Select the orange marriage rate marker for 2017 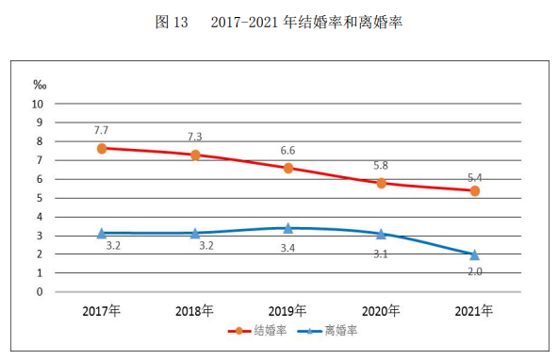(x=101, y=148)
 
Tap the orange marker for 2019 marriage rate (x=288, y=168)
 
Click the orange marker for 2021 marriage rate (x=475, y=190)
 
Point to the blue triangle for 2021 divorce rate (x=475, y=254)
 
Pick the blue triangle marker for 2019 (x=288, y=227)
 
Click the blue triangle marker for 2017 (x=101, y=232)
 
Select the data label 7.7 (x=102, y=128)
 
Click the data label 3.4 (x=288, y=248)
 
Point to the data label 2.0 (x=476, y=272)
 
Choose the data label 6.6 (x=288, y=150)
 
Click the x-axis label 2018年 (x=195, y=310)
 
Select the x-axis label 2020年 (x=382, y=310)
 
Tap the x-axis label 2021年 (x=475, y=310)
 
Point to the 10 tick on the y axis (x=39, y=104)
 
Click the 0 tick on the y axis (x=40, y=291)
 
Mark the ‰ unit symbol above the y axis (x=39, y=84)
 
